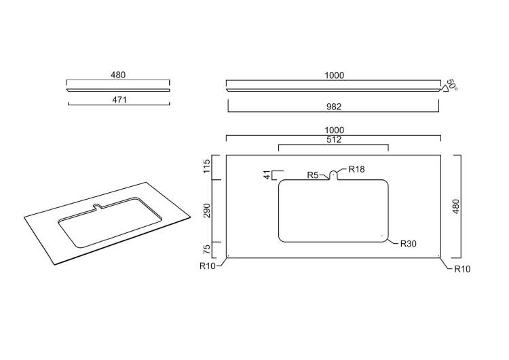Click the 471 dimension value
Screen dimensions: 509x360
[119, 100]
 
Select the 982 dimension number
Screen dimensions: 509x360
[334, 107]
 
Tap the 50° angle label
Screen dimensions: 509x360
[451, 85]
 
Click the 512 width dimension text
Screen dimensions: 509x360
[334, 140]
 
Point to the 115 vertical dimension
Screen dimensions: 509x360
[207, 166]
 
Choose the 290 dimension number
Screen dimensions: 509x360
[207, 211]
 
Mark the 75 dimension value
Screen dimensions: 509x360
[207, 249]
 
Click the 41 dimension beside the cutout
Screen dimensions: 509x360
[267, 175]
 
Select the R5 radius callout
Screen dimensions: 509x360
[313, 175]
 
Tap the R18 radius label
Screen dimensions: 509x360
[356, 169]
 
